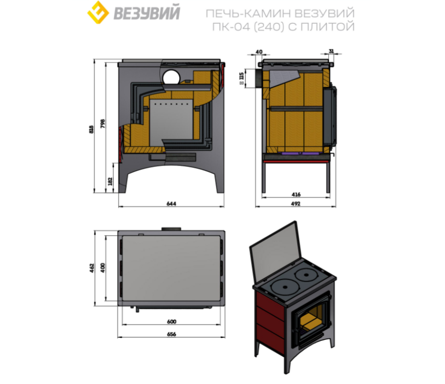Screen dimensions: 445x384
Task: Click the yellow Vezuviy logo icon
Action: click(98, 12)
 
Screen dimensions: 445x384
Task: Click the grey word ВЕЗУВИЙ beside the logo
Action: click(147, 13)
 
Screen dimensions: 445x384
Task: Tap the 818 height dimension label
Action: click(91, 130)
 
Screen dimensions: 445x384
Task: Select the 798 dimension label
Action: click(103, 124)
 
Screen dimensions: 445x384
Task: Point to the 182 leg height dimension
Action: click(110, 181)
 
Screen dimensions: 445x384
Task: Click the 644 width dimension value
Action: click(171, 203)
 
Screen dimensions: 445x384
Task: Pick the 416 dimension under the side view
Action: click(296, 194)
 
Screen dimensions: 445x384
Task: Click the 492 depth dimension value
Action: click(296, 203)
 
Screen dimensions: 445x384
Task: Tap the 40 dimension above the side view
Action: click(259, 51)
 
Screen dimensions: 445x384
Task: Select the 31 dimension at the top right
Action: click(331, 51)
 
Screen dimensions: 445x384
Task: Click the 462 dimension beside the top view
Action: click(92, 268)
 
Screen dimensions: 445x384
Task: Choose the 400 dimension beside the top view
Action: click(103, 268)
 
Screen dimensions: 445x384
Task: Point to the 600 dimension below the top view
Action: click(171, 322)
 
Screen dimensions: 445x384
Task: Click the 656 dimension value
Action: click(171, 334)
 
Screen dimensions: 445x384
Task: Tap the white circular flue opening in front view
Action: click(171, 77)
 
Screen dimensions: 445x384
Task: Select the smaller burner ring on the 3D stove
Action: click(306, 275)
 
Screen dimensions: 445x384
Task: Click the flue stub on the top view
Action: click(171, 229)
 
